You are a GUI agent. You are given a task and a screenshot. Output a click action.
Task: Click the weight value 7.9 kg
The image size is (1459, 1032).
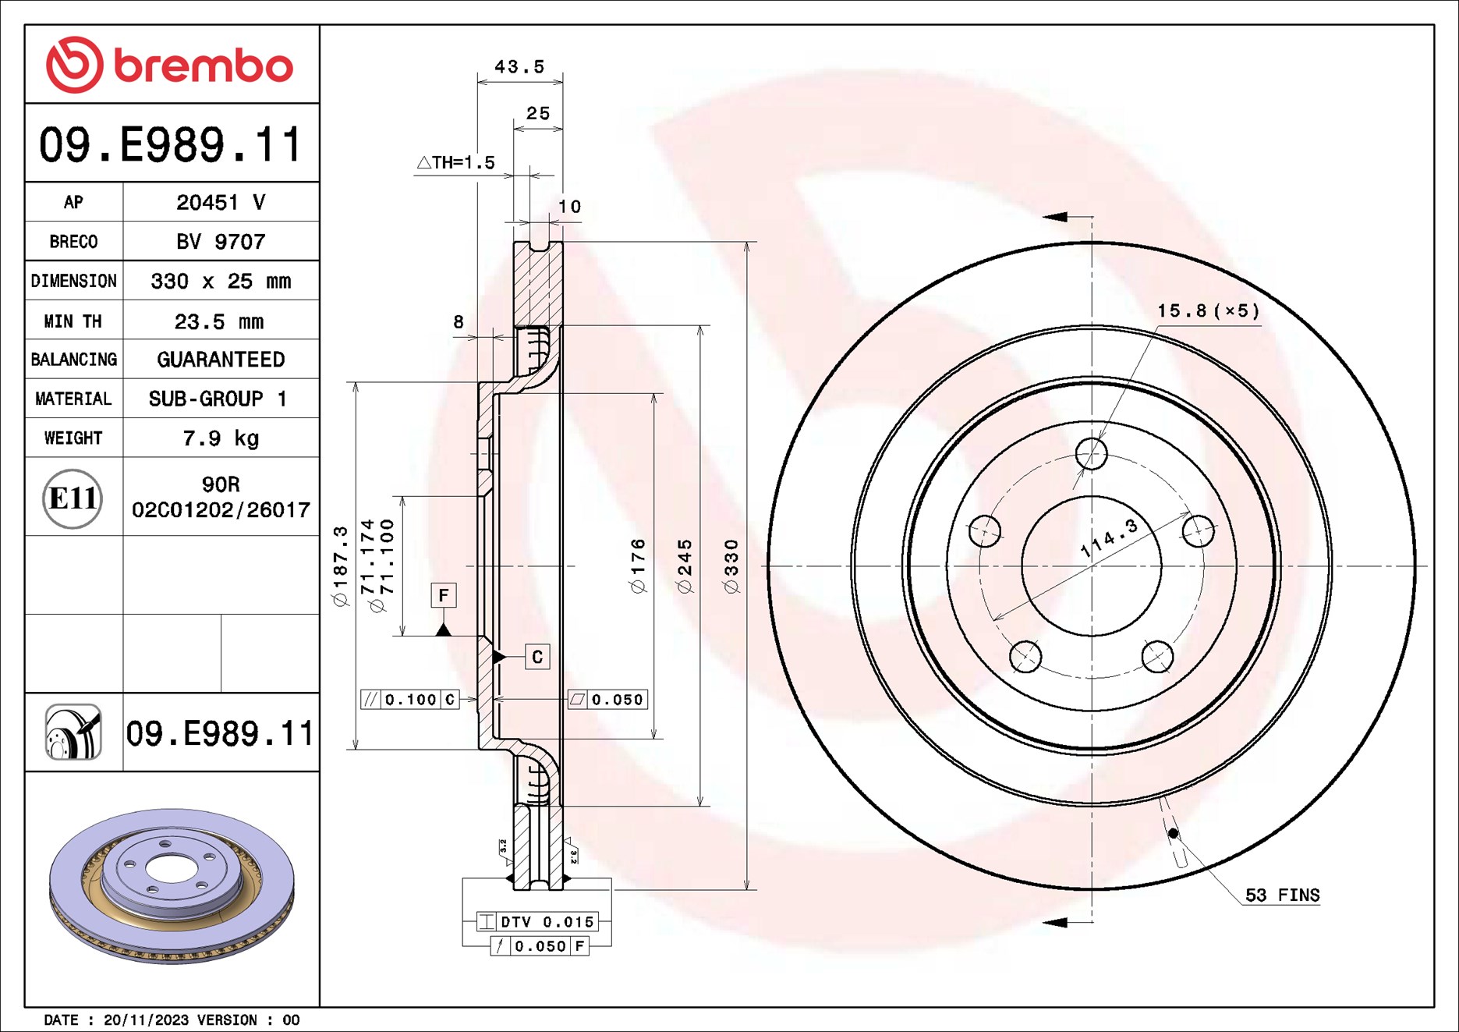pyautogui.click(x=221, y=438)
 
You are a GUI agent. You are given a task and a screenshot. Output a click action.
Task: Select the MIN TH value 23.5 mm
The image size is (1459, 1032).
pyautogui.click(x=219, y=321)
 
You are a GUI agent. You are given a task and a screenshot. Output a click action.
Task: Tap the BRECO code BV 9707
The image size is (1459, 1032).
pyautogui.click(x=221, y=242)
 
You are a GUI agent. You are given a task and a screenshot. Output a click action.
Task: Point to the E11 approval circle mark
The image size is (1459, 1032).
pyautogui.click(x=73, y=498)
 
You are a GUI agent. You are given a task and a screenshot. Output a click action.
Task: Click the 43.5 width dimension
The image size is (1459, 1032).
pyautogui.click(x=519, y=67)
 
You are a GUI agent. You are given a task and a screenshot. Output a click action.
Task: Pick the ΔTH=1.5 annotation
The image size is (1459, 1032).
pyautogui.click(x=456, y=162)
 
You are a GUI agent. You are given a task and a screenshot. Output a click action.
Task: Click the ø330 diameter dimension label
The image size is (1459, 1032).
pyautogui.click(x=731, y=566)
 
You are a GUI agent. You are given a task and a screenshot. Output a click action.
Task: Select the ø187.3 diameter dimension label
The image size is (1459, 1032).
pyautogui.click(x=341, y=566)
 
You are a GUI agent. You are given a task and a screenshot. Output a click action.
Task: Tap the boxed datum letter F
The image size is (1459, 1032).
pyautogui.click(x=444, y=596)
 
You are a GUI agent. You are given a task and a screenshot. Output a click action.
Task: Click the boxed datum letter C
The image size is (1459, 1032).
pyautogui.click(x=537, y=657)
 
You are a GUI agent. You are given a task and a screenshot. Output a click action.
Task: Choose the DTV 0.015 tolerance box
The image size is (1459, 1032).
pyautogui.click(x=537, y=922)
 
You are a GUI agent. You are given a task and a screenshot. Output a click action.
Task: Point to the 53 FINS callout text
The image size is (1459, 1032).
pyautogui.click(x=1282, y=895)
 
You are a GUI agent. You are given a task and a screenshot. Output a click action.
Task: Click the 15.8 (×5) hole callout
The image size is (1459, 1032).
pyautogui.click(x=1208, y=311)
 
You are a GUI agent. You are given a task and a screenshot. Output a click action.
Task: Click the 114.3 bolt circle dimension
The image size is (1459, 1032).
pyautogui.click(x=1108, y=538)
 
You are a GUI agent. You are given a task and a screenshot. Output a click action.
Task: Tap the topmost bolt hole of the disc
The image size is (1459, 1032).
pyautogui.click(x=1091, y=453)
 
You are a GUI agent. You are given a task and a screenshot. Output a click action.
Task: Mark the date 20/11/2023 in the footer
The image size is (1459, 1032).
pyautogui.click(x=146, y=1020)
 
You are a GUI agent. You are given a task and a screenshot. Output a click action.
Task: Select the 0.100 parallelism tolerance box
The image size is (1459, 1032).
pyautogui.click(x=409, y=700)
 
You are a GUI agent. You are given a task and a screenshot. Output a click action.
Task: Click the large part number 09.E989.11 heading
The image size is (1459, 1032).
pyautogui.click(x=171, y=145)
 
